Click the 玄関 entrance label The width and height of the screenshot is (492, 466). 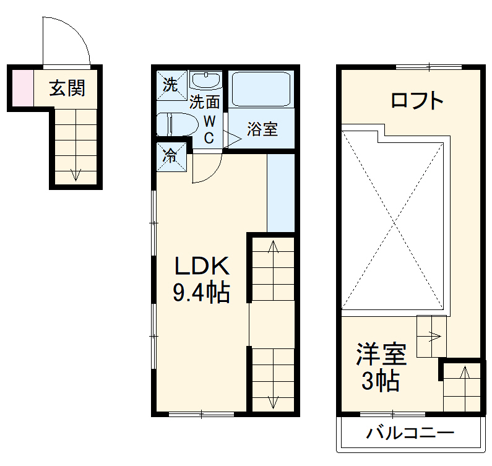pos(67,89)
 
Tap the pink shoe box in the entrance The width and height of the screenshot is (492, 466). pos(19,88)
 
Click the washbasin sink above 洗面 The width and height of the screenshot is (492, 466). pos(206,80)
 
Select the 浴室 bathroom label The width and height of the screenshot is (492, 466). pos(262,130)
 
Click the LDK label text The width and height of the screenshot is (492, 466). pos(202,267)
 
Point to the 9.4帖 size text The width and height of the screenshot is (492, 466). pos(201,292)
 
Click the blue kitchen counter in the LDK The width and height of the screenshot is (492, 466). pos(280,192)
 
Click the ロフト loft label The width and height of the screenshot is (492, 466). pos(418,100)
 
